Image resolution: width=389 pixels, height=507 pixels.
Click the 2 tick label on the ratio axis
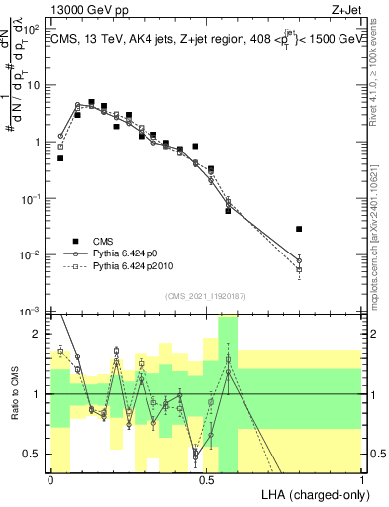click(41, 334)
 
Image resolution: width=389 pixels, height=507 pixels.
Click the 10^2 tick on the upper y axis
click(37, 29)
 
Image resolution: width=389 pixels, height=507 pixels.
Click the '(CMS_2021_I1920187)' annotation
click(206, 295)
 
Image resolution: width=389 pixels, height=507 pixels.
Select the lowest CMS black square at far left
click(60, 158)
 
